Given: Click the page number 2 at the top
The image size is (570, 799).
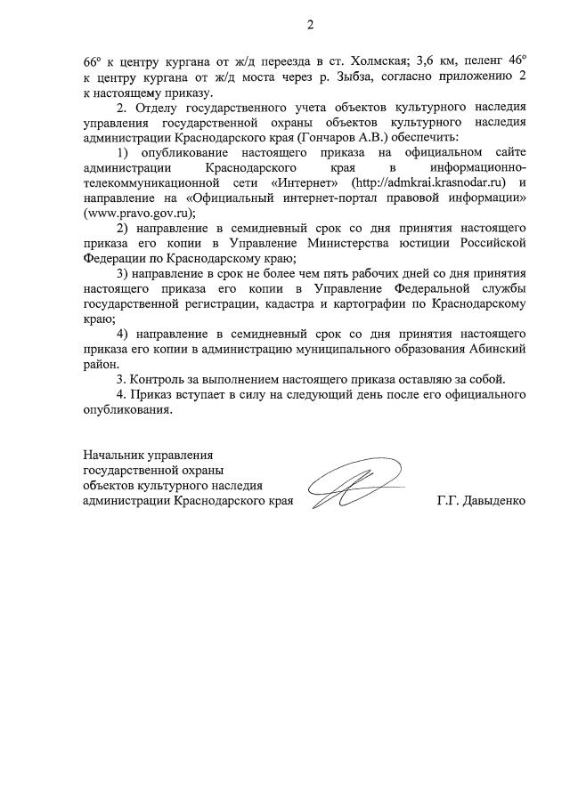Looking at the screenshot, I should pyautogui.click(x=310, y=25).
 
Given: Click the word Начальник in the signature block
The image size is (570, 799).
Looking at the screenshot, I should pyautogui.click(x=114, y=456).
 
